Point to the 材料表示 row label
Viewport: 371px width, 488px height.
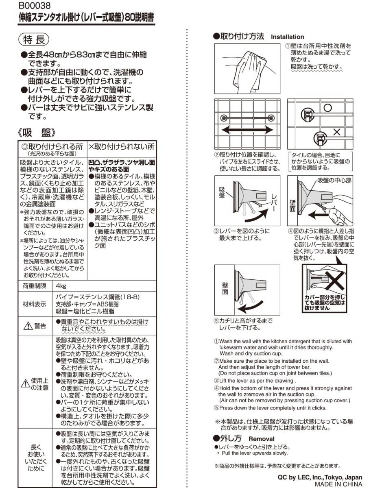[34, 304]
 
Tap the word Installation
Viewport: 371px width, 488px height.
[287, 37]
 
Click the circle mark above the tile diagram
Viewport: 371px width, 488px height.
[327, 107]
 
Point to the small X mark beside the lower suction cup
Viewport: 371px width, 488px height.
[337, 132]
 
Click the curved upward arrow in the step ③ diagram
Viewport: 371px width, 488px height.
[258, 213]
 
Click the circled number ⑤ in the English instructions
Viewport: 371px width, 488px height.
[217, 408]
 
